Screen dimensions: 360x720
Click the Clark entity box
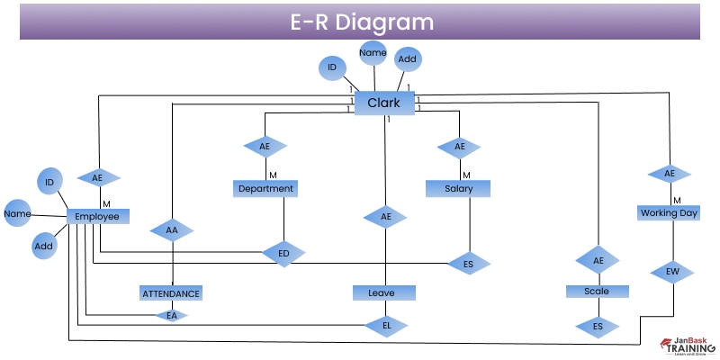pos(384,103)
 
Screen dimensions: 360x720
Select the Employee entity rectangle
pos(97,216)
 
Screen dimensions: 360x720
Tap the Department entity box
pos(265,188)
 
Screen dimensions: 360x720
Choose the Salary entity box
pos(458,188)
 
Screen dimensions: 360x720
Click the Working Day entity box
pos(669,213)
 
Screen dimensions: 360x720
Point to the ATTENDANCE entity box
pos(171,292)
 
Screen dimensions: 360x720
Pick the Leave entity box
pos(384,292)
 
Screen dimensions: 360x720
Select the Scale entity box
pos(597,292)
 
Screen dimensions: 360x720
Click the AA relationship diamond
pos(172,231)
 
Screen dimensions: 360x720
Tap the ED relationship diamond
pos(283,254)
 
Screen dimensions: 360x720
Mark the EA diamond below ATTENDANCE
pos(171,315)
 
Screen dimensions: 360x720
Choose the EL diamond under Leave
pos(385,324)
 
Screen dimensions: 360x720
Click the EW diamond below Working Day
pos(672,270)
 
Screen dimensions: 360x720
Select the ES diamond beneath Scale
pos(597,326)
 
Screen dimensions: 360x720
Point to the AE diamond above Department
pos(265,146)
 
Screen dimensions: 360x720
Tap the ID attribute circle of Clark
pos(332,67)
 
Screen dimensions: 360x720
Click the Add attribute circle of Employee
pos(44,246)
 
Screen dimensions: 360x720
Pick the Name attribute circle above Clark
pos(373,53)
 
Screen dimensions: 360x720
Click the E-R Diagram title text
pos(361,22)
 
